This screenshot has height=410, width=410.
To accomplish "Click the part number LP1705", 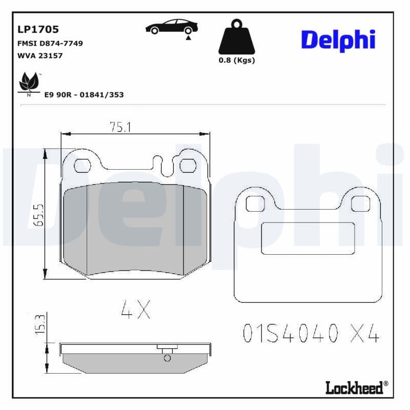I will (x=38, y=29).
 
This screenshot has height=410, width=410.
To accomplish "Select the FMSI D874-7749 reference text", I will (x=50, y=43).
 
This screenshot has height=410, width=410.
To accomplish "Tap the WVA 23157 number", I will (x=40, y=55).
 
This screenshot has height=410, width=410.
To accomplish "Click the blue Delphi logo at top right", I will (x=338, y=40).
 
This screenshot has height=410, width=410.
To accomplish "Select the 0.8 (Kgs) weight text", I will (x=237, y=60).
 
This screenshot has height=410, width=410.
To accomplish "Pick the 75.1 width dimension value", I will (x=118, y=127).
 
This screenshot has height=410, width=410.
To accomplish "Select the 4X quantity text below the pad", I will (x=135, y=309).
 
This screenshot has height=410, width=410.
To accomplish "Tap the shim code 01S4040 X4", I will (x=310, y=334).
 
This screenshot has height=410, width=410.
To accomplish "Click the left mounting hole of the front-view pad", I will (x=82, y=165).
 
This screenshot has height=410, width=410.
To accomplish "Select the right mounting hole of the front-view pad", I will (x=188, y=166).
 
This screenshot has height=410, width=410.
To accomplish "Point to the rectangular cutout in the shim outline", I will (x=307, y=238).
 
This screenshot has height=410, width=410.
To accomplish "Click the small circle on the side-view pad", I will (x=167, y=358).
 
